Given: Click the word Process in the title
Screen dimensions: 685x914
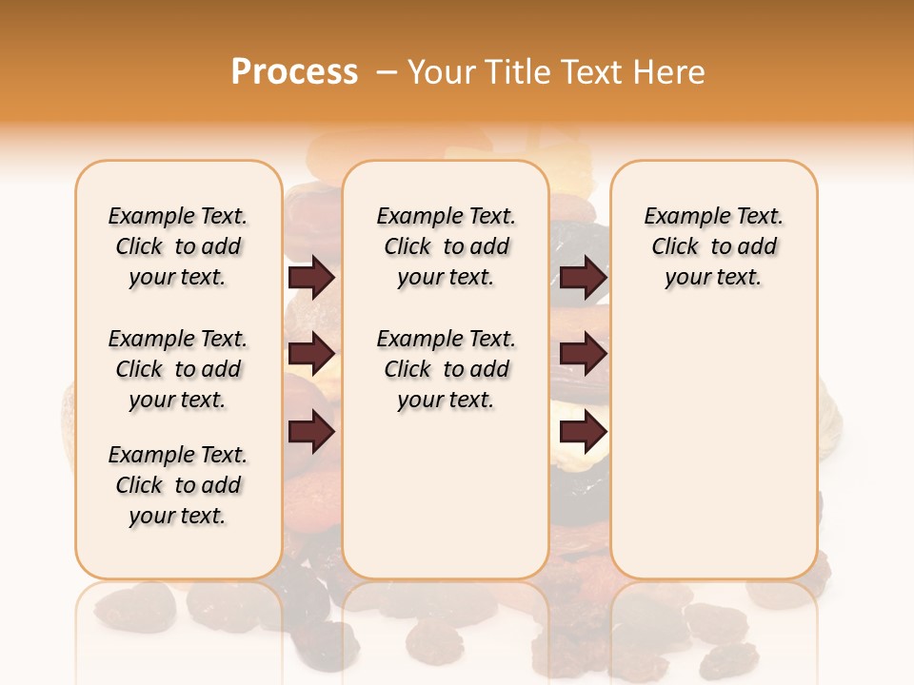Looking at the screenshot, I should tap(294, 71).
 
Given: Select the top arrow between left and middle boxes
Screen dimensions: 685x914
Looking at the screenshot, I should tap(311, 278).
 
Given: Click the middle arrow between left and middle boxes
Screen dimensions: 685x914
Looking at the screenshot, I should tap(311, 354).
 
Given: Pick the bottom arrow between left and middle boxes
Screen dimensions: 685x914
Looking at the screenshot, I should tap(311, 433).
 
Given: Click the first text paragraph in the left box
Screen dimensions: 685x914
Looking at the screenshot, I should tap(178, 246).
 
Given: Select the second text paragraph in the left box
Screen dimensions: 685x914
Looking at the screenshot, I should tap(178, 369).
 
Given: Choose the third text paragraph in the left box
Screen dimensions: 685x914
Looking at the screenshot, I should tap(178, 485).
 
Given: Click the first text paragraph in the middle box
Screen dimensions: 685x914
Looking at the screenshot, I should tap(446, 246).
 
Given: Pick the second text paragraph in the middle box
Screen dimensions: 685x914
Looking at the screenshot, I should tap(446, 369).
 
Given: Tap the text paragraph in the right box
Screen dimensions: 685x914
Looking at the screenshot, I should tap(713, 246).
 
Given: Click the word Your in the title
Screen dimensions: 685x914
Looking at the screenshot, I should tap(442, 71).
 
